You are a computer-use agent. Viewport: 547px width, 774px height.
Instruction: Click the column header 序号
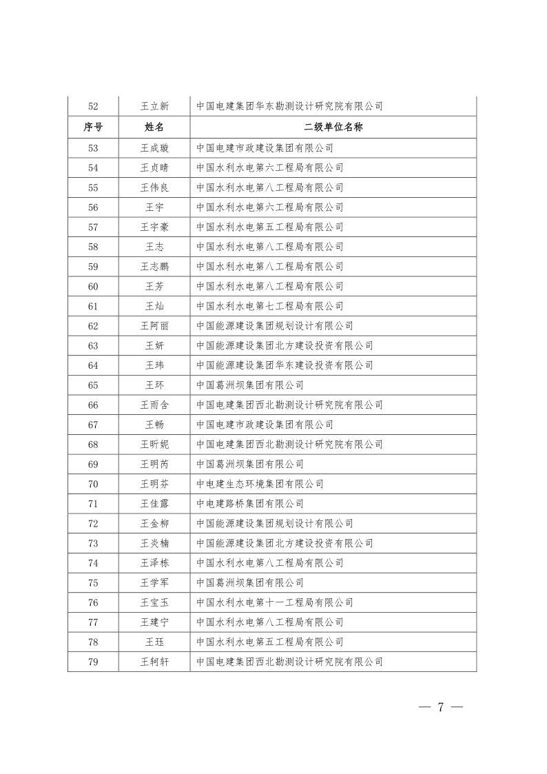(93, 127)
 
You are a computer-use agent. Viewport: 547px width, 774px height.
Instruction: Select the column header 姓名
(154, 127)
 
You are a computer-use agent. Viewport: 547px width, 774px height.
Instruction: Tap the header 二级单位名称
(333, 127)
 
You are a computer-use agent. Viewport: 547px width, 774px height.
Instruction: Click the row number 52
(93, 106)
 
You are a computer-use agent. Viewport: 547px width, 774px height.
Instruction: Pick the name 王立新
(154, 106)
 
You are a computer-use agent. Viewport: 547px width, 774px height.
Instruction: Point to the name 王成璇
(154, 147)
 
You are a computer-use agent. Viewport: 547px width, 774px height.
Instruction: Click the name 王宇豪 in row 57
(154, 227)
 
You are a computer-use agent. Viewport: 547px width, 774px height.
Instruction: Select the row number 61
(93, 306)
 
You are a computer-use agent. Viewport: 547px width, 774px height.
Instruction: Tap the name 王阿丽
(154, 326)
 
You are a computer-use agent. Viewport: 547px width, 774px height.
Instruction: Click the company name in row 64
(285, 365)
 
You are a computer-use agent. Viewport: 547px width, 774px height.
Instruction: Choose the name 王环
(154, 385)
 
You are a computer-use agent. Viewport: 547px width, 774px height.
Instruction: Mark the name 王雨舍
(154, 405)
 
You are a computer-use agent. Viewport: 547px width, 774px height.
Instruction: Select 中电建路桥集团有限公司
(249, 504)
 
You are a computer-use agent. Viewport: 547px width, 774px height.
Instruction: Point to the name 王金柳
(154, 524)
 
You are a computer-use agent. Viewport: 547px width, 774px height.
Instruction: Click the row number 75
(93, 583)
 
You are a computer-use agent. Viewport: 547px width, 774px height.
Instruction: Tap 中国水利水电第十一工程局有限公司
(274, 603)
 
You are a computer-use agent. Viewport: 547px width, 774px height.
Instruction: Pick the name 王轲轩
(154, 662)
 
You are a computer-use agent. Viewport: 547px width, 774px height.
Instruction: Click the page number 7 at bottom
(439, 708)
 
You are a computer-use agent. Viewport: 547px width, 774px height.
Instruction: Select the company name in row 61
(269, 306)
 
